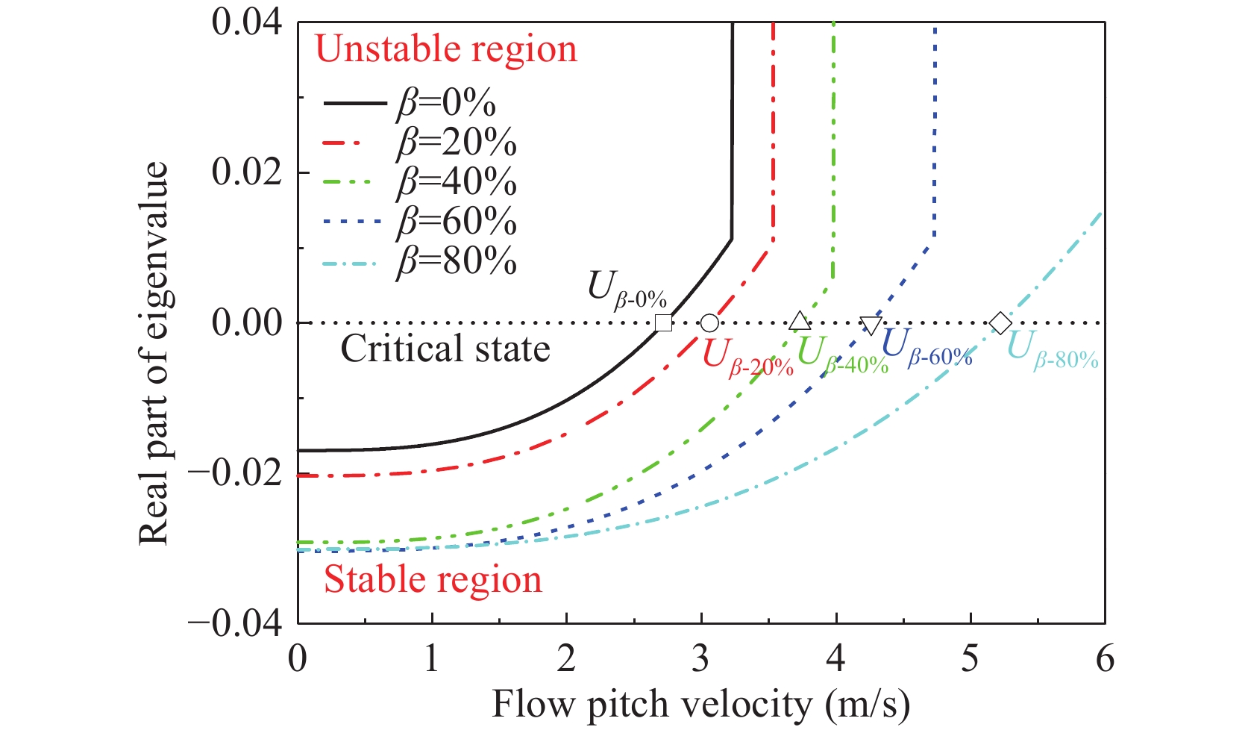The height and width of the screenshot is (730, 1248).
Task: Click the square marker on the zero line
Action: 662,323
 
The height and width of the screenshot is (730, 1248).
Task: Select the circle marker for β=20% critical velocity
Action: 709,323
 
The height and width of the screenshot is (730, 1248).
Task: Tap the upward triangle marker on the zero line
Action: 800,322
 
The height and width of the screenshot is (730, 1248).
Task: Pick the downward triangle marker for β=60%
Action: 871,325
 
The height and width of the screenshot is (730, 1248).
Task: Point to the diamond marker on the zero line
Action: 1000,323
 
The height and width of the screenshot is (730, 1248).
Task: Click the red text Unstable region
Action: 446,49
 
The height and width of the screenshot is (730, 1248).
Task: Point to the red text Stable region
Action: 433,580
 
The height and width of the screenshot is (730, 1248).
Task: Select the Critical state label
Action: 445,349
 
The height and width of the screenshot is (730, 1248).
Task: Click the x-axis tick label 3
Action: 700,658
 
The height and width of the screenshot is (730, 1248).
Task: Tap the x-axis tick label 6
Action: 1105,658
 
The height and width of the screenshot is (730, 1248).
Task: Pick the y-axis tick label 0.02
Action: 247,172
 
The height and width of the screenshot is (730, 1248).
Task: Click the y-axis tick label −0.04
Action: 236,623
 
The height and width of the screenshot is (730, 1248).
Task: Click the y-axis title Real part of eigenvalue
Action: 154,352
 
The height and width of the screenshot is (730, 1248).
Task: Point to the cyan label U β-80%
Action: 1053,349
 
